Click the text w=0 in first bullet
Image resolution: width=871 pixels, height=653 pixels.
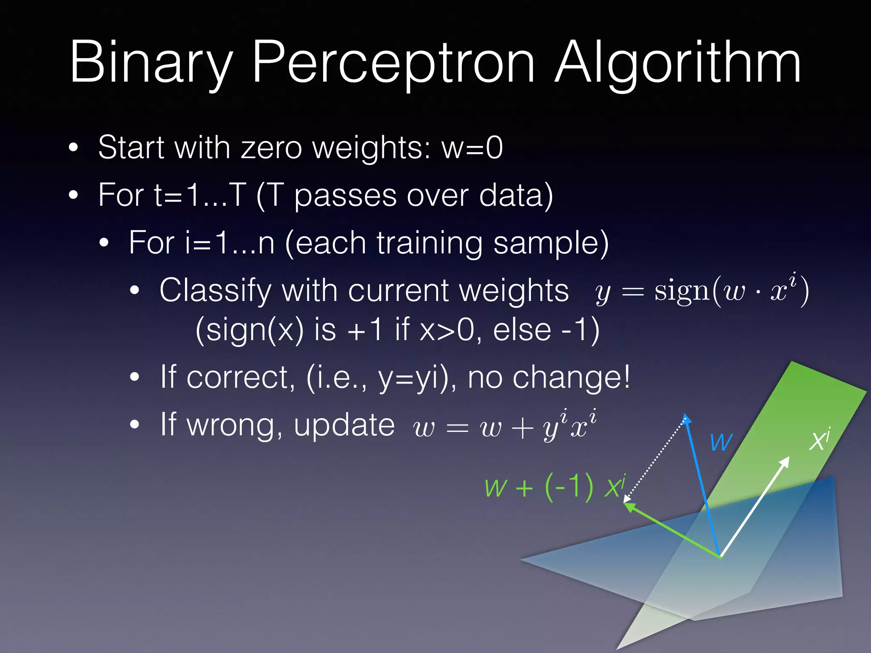(x=472, y=148)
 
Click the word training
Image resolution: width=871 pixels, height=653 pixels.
(x=430, y=243)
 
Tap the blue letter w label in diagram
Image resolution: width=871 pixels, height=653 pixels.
(x=721, y=442)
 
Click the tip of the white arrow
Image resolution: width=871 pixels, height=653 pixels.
(x=788, y=458)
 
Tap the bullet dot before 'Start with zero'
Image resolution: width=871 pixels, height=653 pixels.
(x=74, y=148)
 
